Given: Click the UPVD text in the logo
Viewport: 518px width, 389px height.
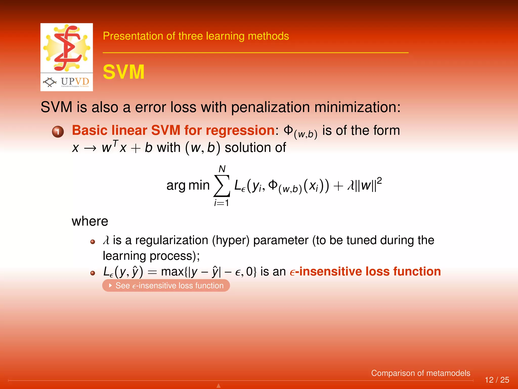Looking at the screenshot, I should (x=75, y=82).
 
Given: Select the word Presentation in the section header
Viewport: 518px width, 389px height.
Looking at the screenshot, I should (x=133, y=36).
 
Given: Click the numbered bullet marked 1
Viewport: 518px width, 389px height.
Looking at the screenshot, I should (x=58, y=132).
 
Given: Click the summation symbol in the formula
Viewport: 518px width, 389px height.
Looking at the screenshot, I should (x=222, y=186).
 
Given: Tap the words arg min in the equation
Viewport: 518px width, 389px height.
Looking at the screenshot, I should (x=188, y=185).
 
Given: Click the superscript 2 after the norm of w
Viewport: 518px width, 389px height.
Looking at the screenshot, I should (x=379, y=181).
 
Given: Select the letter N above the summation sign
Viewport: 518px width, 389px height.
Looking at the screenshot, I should (x=222, y=169).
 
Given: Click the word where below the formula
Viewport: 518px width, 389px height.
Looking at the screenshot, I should (x=90, y=221).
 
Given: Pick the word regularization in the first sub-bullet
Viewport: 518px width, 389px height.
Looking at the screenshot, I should (x=172, y=240).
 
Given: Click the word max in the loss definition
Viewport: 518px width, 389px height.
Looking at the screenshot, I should (x=172, y=271).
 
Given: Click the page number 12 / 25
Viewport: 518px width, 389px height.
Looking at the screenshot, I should (x=497, y=380).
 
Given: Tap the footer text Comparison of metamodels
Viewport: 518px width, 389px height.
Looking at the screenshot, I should (x=420, y=373).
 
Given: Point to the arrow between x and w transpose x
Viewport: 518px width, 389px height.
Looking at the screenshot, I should (x=90, y=148).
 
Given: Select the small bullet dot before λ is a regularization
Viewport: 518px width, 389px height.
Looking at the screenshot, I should (x=93, y=242).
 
